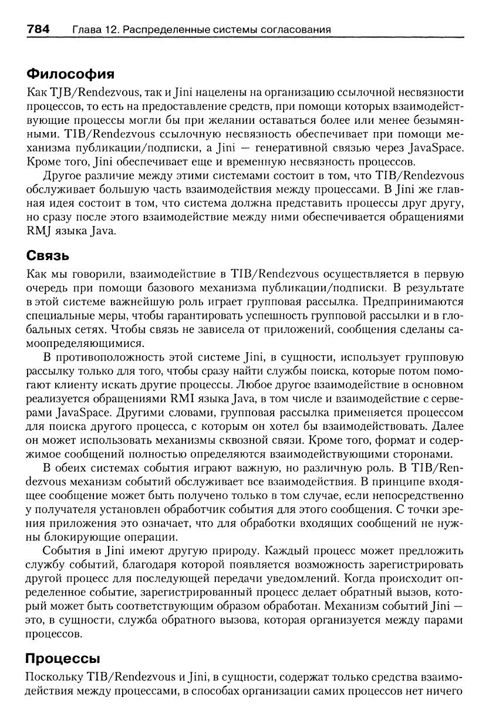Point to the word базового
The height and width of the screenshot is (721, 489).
167,288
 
